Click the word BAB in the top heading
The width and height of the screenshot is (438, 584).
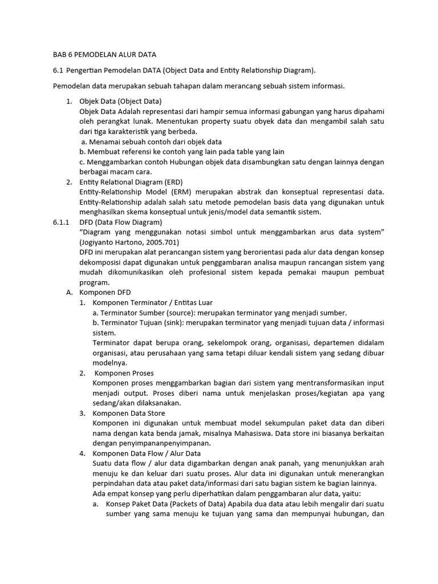[x=60, y=55]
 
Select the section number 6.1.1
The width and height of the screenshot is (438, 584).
[x=61, y=222]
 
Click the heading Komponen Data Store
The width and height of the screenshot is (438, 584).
[x=129, y=413]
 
